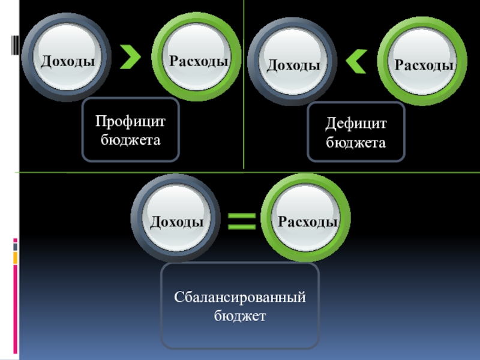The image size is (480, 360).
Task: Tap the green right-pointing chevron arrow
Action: pyautogui.click(x=130, y=58)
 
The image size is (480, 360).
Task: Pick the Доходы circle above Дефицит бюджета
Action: pyautogui.click(x=292, y=63)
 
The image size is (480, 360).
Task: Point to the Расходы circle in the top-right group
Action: pyautogui.click(x=423, y=63)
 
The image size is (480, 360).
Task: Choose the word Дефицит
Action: pyautogui.click(x=356, y=125)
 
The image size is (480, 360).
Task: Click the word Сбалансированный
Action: pyautogui.click(x=240, y=297)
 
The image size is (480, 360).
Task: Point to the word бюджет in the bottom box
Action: pyautogui.click(x=240, y=315)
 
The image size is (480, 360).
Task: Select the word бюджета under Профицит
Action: pyautogui.click(x=130, y=140)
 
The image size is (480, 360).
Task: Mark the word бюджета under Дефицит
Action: pyautogui.click(x=356, y=143)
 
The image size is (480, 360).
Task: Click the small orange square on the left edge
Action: pyautogui.click(x=16, y=257)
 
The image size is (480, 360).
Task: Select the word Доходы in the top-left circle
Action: pyautogui.click(x=67, y=61)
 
